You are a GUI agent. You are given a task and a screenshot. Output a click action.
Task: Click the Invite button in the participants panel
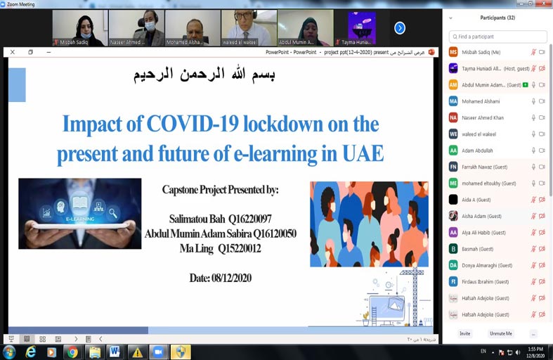coord(464,333)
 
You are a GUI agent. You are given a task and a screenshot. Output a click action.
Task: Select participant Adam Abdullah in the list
coord(477,150)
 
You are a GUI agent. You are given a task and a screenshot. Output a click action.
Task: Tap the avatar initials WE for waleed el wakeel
coord(453,134)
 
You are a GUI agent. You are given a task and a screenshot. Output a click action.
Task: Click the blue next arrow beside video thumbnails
coord(399,28)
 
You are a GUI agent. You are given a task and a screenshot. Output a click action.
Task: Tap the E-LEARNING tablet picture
coord(79,214)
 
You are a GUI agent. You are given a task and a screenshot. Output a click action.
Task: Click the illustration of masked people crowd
coord(369,224)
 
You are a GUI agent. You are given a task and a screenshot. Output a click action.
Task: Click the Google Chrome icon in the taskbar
coord(72,352)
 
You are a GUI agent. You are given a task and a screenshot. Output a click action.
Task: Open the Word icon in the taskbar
coord(115,352)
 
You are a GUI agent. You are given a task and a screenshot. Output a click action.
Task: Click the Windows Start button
coord(10,352)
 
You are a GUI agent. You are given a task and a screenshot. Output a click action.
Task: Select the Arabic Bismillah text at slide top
coord(204,75)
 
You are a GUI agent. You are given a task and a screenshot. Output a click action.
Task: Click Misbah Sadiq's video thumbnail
coord(79,27)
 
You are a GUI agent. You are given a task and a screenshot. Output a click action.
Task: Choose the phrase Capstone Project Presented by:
coord(220,190)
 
